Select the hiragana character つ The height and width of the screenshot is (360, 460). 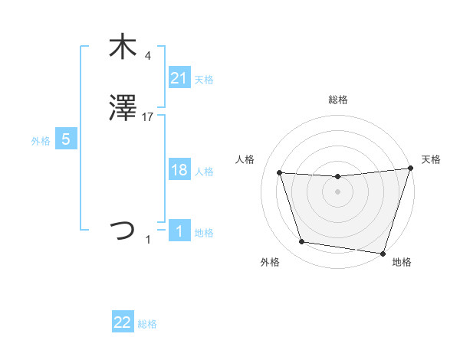122,231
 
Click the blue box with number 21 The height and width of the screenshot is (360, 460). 179,78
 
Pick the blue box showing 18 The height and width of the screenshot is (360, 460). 179,171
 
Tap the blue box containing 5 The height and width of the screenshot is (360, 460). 66,139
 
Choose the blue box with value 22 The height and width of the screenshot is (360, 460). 123,322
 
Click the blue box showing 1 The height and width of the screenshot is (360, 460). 179,231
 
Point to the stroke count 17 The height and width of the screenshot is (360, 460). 148,117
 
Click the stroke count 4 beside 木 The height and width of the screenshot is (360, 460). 147,55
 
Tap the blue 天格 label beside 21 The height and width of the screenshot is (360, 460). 204,80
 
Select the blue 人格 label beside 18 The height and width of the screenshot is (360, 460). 204,172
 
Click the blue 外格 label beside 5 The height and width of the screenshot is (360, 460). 41,140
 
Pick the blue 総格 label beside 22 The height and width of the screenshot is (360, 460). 147,324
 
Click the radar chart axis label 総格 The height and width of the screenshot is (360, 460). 337,100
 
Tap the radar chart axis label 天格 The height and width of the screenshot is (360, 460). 431,159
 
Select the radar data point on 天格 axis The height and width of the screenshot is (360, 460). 410,169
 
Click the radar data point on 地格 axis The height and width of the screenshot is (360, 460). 383,253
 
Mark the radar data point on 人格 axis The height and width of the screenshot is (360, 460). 280,173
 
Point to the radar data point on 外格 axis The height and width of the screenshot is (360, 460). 302,242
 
